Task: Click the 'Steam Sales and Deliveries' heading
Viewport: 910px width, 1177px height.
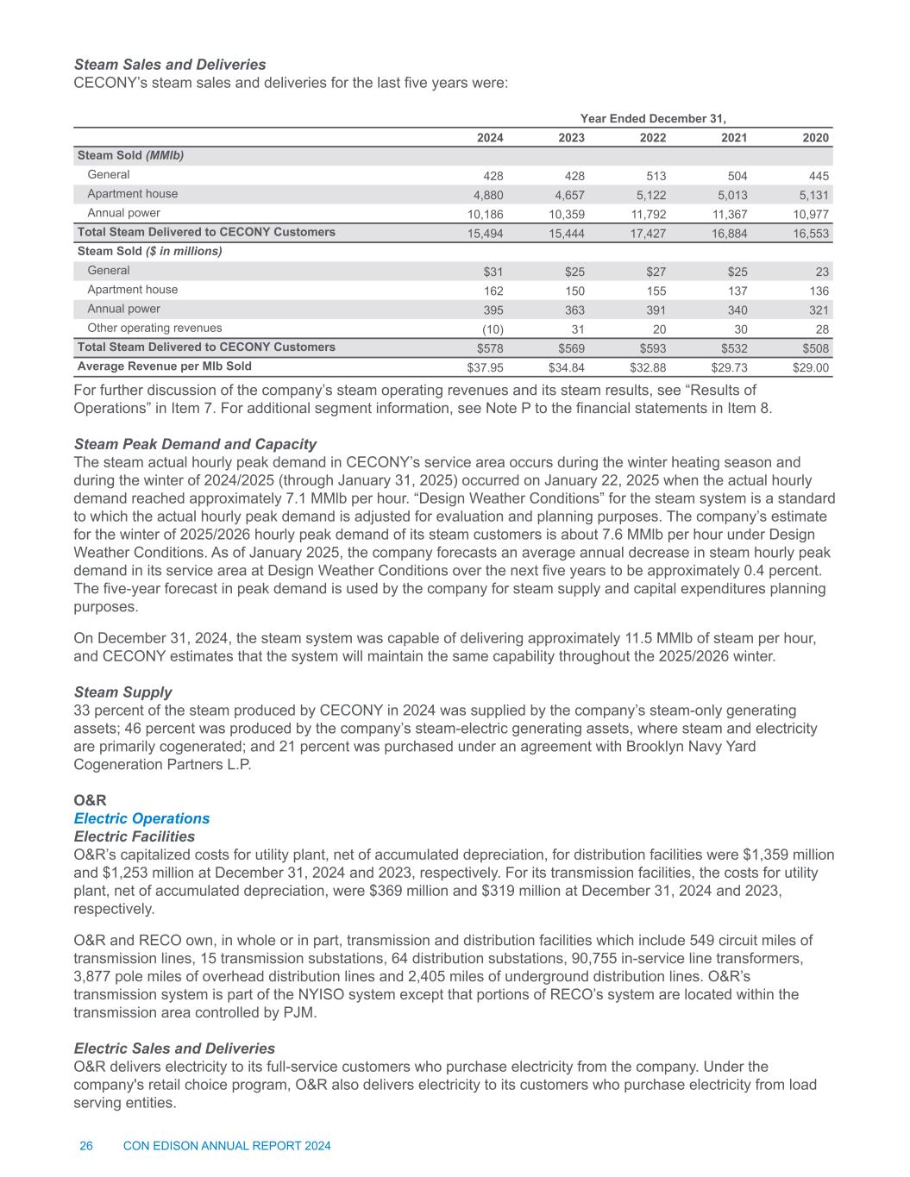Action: point(170,65)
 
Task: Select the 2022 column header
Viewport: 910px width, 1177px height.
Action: point(652,138)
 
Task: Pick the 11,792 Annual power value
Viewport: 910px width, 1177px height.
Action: point(646,214)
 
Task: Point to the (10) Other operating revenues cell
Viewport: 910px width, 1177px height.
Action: point(491,329)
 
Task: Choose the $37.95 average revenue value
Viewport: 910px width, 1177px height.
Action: point(485,367)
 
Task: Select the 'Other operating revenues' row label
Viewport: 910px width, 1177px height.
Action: point(154,329)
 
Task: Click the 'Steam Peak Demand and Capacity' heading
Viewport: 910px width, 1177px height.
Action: point(195,444)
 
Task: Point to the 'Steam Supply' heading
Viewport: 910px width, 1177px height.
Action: point(123,692)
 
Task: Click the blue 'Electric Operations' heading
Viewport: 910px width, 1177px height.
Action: point(141,818)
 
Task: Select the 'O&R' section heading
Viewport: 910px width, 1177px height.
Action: point(89,800)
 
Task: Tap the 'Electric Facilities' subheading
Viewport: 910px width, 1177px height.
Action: point(135,836)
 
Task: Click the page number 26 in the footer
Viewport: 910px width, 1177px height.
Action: point(86,1146)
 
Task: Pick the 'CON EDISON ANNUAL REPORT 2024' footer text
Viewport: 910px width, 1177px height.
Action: point(228,1146)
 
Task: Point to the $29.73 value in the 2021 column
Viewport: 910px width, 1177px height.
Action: point(729,367)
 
